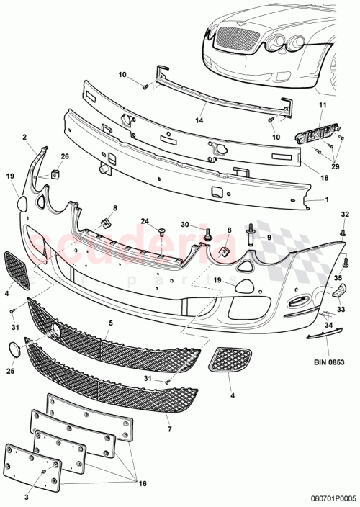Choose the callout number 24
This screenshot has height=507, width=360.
[x=144, y=221]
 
